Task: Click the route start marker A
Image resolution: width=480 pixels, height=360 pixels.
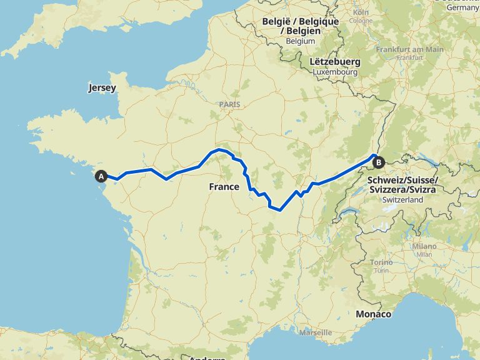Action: click(x=101, y=177)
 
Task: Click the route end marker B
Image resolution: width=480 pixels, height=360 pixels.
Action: click(x=378, y=162)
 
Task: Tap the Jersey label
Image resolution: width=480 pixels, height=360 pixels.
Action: click(x=102, y=88)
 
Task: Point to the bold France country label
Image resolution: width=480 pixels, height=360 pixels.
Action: click(x=224, y=186)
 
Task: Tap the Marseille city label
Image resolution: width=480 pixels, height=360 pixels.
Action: click(x=316, y=332)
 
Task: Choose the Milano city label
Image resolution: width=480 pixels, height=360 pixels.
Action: click(x=424, y=246)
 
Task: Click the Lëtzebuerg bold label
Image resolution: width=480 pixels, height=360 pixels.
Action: click(x=335, y=62)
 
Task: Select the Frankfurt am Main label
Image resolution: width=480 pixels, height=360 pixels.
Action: click(x=410, y=49)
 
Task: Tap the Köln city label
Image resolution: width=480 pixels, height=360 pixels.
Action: click(x=361, y=12)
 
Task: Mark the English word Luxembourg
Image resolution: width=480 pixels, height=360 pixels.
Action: click(x=335, y=72)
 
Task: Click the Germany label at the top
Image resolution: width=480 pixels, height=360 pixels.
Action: click(x=463, y=7)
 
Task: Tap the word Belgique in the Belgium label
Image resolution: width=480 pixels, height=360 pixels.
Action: click(x=317, y=21)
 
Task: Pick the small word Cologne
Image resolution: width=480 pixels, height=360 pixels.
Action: click(x=361, y=21)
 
